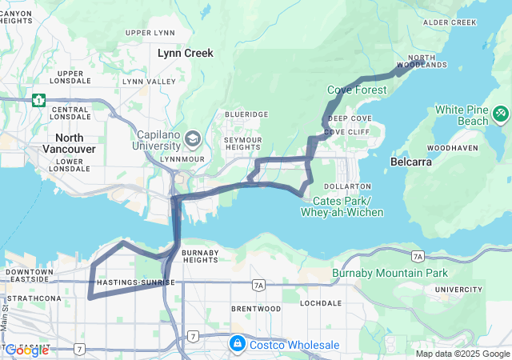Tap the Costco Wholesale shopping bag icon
click(237, 344)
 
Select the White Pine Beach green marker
click(501, 114)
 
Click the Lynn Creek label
click(186, 53)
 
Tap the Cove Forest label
click(357, 90)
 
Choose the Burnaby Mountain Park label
click(390, 274)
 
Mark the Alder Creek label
click(450, 22)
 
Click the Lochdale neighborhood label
click(321, 304)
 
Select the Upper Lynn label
click(150, 33)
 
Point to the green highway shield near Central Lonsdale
click(38, 100)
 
